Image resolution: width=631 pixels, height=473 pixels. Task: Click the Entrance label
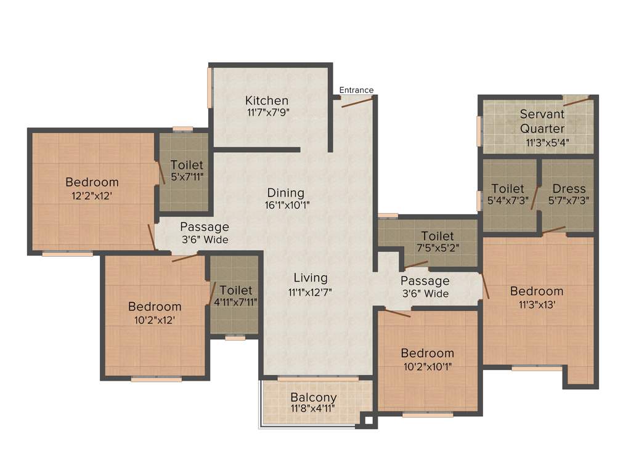[x=357, y=90]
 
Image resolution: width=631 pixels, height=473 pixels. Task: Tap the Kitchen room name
[x=266, y=100]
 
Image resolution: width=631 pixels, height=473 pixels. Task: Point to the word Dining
[x=285, y=192]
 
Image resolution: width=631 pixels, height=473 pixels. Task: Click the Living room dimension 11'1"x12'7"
[x=310, y=292]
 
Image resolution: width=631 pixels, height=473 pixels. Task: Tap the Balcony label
[x=314, y=397]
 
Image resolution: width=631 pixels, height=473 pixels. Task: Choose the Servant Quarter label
[x=542, y=121]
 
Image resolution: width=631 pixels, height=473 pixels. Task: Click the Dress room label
[x=569, y=188]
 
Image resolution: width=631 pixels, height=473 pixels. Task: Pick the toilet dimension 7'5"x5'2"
[x=438, y=248]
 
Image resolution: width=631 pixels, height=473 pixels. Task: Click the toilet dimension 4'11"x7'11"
[x=235, y=302]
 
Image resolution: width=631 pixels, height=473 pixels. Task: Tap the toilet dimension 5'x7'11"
[x=187, y=177]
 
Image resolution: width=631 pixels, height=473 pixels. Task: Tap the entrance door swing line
[x=357, y=102]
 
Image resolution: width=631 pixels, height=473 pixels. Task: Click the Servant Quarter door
[x=577, y=101]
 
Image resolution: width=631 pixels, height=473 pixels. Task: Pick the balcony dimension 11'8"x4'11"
[x=314, y=408]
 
